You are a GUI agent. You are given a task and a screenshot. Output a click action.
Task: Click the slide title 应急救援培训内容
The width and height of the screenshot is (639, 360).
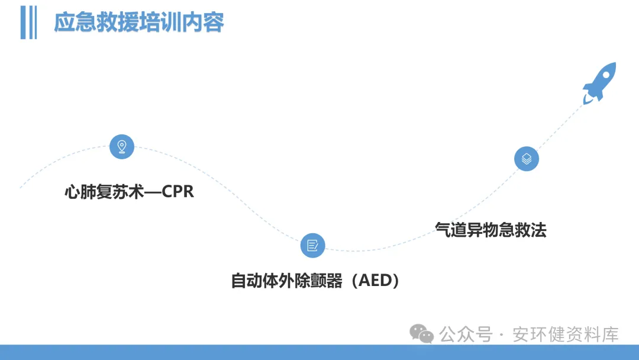139,22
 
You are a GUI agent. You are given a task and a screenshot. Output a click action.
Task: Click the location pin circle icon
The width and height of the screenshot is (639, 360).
122,146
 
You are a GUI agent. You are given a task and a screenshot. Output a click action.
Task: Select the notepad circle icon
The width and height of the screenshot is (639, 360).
312,245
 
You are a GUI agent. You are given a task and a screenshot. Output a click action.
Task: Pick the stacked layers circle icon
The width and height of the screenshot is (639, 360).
527,159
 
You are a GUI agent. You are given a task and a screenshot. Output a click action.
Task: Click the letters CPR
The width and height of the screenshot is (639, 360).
177,192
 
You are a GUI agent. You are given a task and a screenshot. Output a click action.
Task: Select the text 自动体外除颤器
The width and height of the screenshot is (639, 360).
287,280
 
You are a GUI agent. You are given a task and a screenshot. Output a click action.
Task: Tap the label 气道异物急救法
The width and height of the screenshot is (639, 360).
490,229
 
